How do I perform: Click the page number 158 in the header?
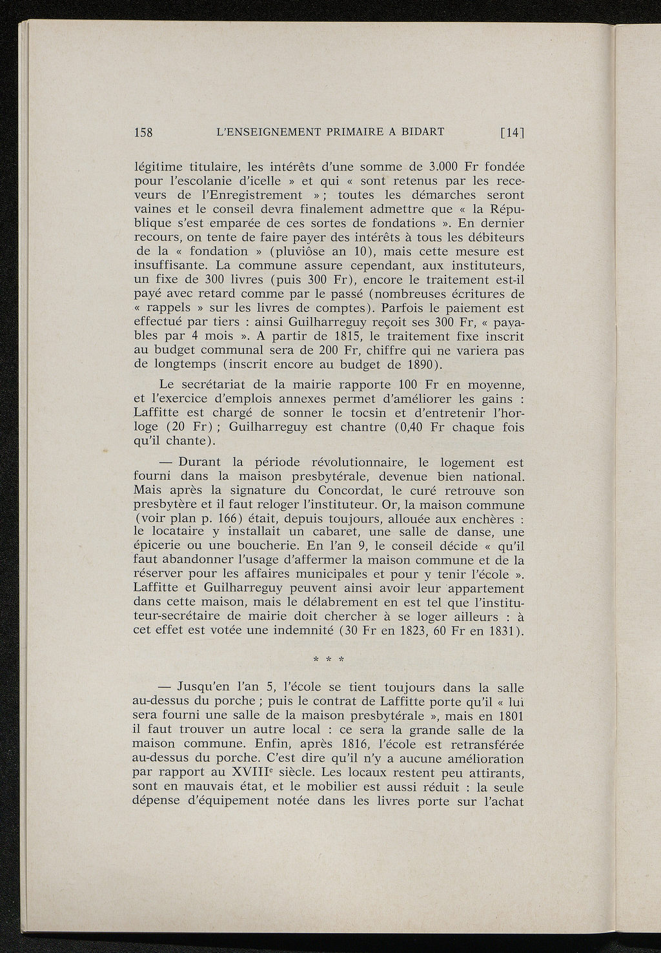pos(143,133)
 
